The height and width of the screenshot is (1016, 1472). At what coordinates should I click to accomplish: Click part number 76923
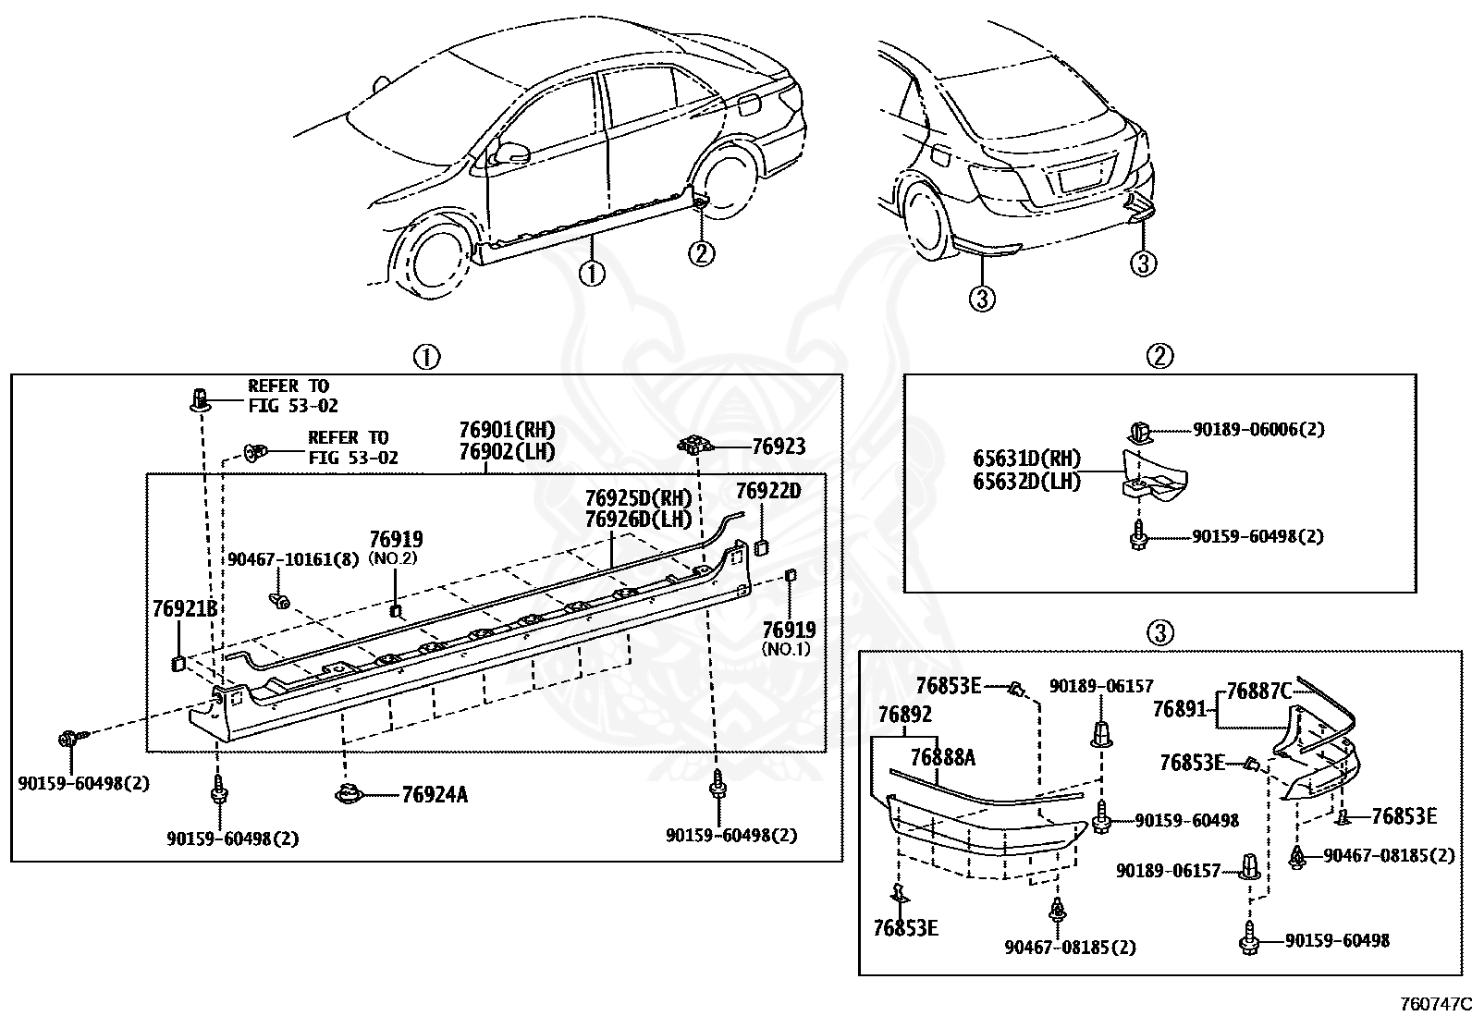coord(778,447)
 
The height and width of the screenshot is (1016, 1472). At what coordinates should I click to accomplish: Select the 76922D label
coord(768,490)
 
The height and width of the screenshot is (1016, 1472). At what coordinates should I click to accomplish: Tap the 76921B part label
coord(185,608)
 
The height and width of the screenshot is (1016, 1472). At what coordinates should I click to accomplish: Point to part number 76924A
coord(435,794)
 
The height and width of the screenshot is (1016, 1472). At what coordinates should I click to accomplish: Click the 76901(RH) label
coord(508,430)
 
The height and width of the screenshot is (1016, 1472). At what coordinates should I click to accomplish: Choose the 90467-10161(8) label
coord(293,559)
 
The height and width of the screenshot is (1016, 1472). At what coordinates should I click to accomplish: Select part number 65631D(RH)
coord(1026,458)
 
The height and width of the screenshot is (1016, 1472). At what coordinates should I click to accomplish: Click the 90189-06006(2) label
coord(1258,429)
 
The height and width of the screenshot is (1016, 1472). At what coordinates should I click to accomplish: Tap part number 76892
coord(905,714)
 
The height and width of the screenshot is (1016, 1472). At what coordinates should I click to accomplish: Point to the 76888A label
coord(943,758)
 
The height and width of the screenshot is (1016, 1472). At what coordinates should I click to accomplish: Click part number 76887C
coord(1259,691)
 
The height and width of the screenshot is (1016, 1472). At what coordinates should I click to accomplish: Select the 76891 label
coord(1180,709)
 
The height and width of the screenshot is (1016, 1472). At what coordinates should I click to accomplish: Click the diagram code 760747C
coord(1436,1004)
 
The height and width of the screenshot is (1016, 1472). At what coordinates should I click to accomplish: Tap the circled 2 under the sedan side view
coord(701,253)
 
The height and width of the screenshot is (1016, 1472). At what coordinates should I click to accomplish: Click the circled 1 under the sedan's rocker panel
coord(592,274)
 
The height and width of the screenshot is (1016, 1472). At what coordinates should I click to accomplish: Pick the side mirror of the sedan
coord(511,153)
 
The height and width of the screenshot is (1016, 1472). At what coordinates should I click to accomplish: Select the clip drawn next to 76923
coord(696,445)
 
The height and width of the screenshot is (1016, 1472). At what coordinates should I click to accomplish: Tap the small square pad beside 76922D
coord(761,546)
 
